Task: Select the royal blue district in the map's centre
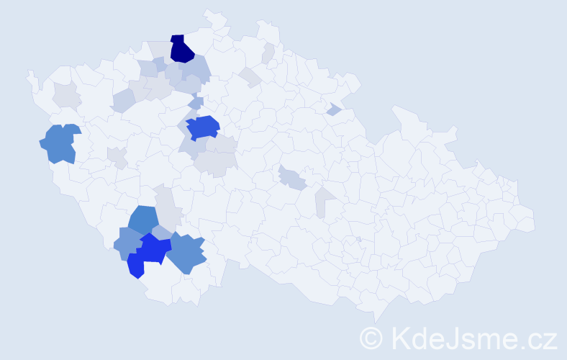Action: pos(203,127)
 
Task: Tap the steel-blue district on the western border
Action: pos(59,143)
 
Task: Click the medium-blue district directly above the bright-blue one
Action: pos(144,221)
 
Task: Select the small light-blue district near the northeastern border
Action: pos(333,109)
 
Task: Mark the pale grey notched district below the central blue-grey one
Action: pos(325,202)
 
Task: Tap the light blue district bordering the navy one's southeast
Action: pos(198,69)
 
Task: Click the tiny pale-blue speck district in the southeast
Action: pos(358,239)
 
